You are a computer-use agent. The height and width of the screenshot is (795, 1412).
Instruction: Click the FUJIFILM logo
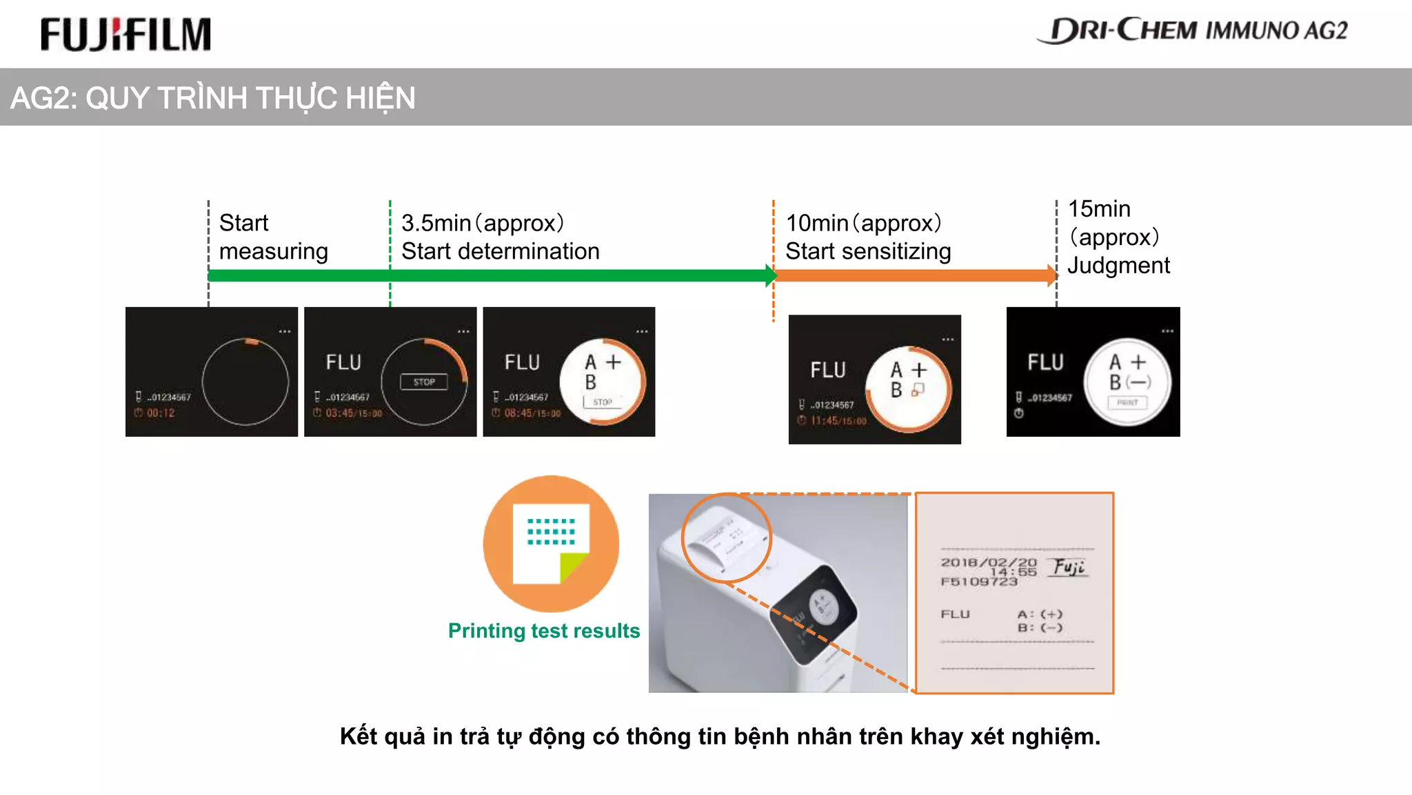point(125,35)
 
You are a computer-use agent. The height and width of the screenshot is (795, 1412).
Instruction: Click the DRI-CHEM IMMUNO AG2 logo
point(1193,30)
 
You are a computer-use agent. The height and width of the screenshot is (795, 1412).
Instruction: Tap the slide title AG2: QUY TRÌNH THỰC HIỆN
point(213,98)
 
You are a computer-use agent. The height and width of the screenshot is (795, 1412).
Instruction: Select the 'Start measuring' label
point(273,237)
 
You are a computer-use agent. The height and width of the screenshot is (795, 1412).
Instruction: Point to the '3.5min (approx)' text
point(483,223)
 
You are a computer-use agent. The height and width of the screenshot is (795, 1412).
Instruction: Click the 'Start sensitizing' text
point(868,251)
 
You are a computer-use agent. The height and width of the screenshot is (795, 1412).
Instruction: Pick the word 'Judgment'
point(1118,265)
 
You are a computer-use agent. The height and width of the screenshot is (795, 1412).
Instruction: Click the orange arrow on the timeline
point(917,275)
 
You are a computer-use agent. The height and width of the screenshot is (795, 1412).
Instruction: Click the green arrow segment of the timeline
point(483,275)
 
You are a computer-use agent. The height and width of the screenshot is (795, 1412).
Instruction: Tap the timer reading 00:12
point(160,413)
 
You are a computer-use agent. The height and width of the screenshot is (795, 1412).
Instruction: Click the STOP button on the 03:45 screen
point(424,382)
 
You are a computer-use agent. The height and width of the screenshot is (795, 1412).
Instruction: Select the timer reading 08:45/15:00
point(532,413)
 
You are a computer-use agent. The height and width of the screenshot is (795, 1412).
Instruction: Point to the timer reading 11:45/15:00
point(838,421)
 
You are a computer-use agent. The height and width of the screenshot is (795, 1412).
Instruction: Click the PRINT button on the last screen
point(1127,402)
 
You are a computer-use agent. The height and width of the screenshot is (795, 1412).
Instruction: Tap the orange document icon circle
point(551,544)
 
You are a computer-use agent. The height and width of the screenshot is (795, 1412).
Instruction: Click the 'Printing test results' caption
point(544,631)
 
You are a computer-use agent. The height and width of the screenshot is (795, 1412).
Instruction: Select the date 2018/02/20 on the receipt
point(988,562)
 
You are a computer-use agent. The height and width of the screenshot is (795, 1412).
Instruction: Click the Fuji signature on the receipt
point(1069,567)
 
